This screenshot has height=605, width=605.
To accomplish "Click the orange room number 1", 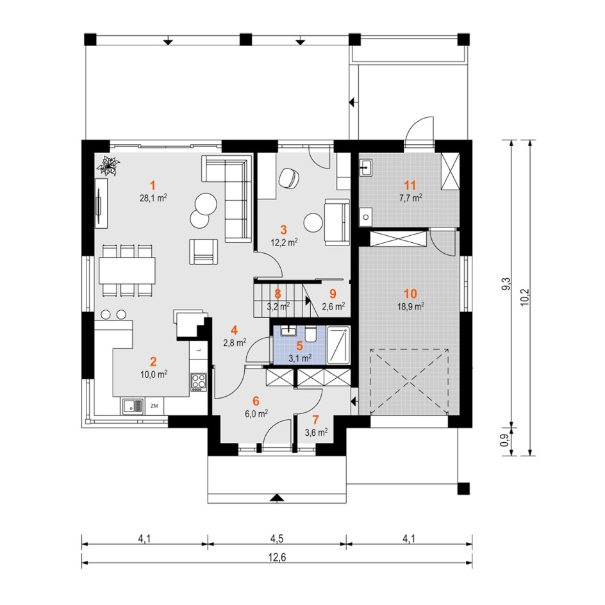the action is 153,186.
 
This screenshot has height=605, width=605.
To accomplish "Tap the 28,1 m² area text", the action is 153,198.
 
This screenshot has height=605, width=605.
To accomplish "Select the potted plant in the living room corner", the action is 108,166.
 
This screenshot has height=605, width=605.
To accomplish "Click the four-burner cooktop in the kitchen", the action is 199,382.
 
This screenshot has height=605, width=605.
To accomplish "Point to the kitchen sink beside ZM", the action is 133,406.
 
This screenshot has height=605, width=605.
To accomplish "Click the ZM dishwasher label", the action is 154,406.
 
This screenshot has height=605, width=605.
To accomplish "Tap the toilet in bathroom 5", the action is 311,333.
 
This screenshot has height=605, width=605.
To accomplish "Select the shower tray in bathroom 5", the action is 338,345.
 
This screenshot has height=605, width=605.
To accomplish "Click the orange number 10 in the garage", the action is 410,294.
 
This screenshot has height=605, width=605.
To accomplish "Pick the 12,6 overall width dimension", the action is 277,557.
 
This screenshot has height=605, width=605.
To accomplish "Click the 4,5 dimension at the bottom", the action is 277,538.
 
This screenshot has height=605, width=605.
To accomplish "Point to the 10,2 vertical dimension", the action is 525,297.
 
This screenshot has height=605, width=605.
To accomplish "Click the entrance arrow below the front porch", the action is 277,498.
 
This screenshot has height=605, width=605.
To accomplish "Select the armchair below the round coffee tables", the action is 203,252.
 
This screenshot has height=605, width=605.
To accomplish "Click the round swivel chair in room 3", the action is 289,178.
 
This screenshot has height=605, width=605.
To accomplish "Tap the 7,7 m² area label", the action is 411,198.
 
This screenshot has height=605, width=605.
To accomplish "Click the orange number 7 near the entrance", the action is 316,420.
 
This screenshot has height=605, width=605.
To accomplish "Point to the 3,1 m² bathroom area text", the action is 300,358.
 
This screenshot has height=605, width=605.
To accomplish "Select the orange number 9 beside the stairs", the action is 333,294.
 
